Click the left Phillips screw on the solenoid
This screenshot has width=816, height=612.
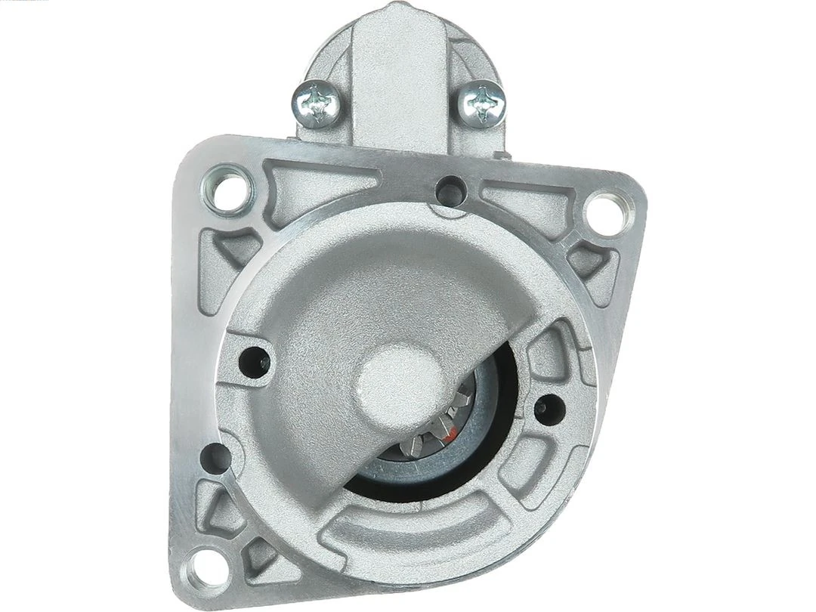[317, 102]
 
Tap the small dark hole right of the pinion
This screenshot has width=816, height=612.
[542, 406]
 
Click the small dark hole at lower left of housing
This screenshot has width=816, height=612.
[217, 456]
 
